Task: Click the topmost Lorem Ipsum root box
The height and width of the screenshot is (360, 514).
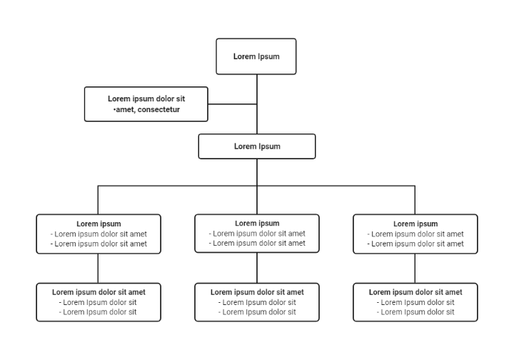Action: click(x=256, y=56)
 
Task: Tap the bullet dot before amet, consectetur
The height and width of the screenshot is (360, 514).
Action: click(x=114, y=110)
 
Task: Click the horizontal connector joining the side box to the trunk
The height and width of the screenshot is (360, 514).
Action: click(x=232, y=104)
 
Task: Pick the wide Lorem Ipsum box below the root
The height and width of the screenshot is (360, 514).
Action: click(x=256, y=146)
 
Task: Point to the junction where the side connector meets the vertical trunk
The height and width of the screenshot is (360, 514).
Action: click(x=257, y=104)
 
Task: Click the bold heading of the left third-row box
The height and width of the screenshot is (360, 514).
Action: click(x=99, y=224)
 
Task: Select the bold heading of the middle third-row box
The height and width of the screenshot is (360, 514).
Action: click(x=257, y=224)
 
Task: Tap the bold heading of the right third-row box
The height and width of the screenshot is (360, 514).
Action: click(x=415, y=224)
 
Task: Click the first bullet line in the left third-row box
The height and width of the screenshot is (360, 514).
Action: click(x=99, y=234)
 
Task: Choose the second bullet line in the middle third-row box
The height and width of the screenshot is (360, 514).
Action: click(x=257, y=244)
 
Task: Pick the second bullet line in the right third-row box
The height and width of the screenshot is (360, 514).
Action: click(x=415, y=244)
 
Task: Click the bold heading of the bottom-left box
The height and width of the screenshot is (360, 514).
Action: click(x=99, y=292)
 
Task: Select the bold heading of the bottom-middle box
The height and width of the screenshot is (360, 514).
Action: click(x=257, y=292)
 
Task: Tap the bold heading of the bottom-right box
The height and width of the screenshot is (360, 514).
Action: click(x=415, y=292)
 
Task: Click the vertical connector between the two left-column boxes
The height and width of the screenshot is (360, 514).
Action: click(x=99, y=268)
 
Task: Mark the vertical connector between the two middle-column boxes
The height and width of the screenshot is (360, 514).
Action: click(x=257, y=268)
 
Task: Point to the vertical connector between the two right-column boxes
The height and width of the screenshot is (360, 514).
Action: click(x=415, y=268)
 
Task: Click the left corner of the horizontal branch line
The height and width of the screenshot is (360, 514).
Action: click(x=99, y=186)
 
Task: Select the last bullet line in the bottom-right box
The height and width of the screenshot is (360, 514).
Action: click(x=415, y=312)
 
